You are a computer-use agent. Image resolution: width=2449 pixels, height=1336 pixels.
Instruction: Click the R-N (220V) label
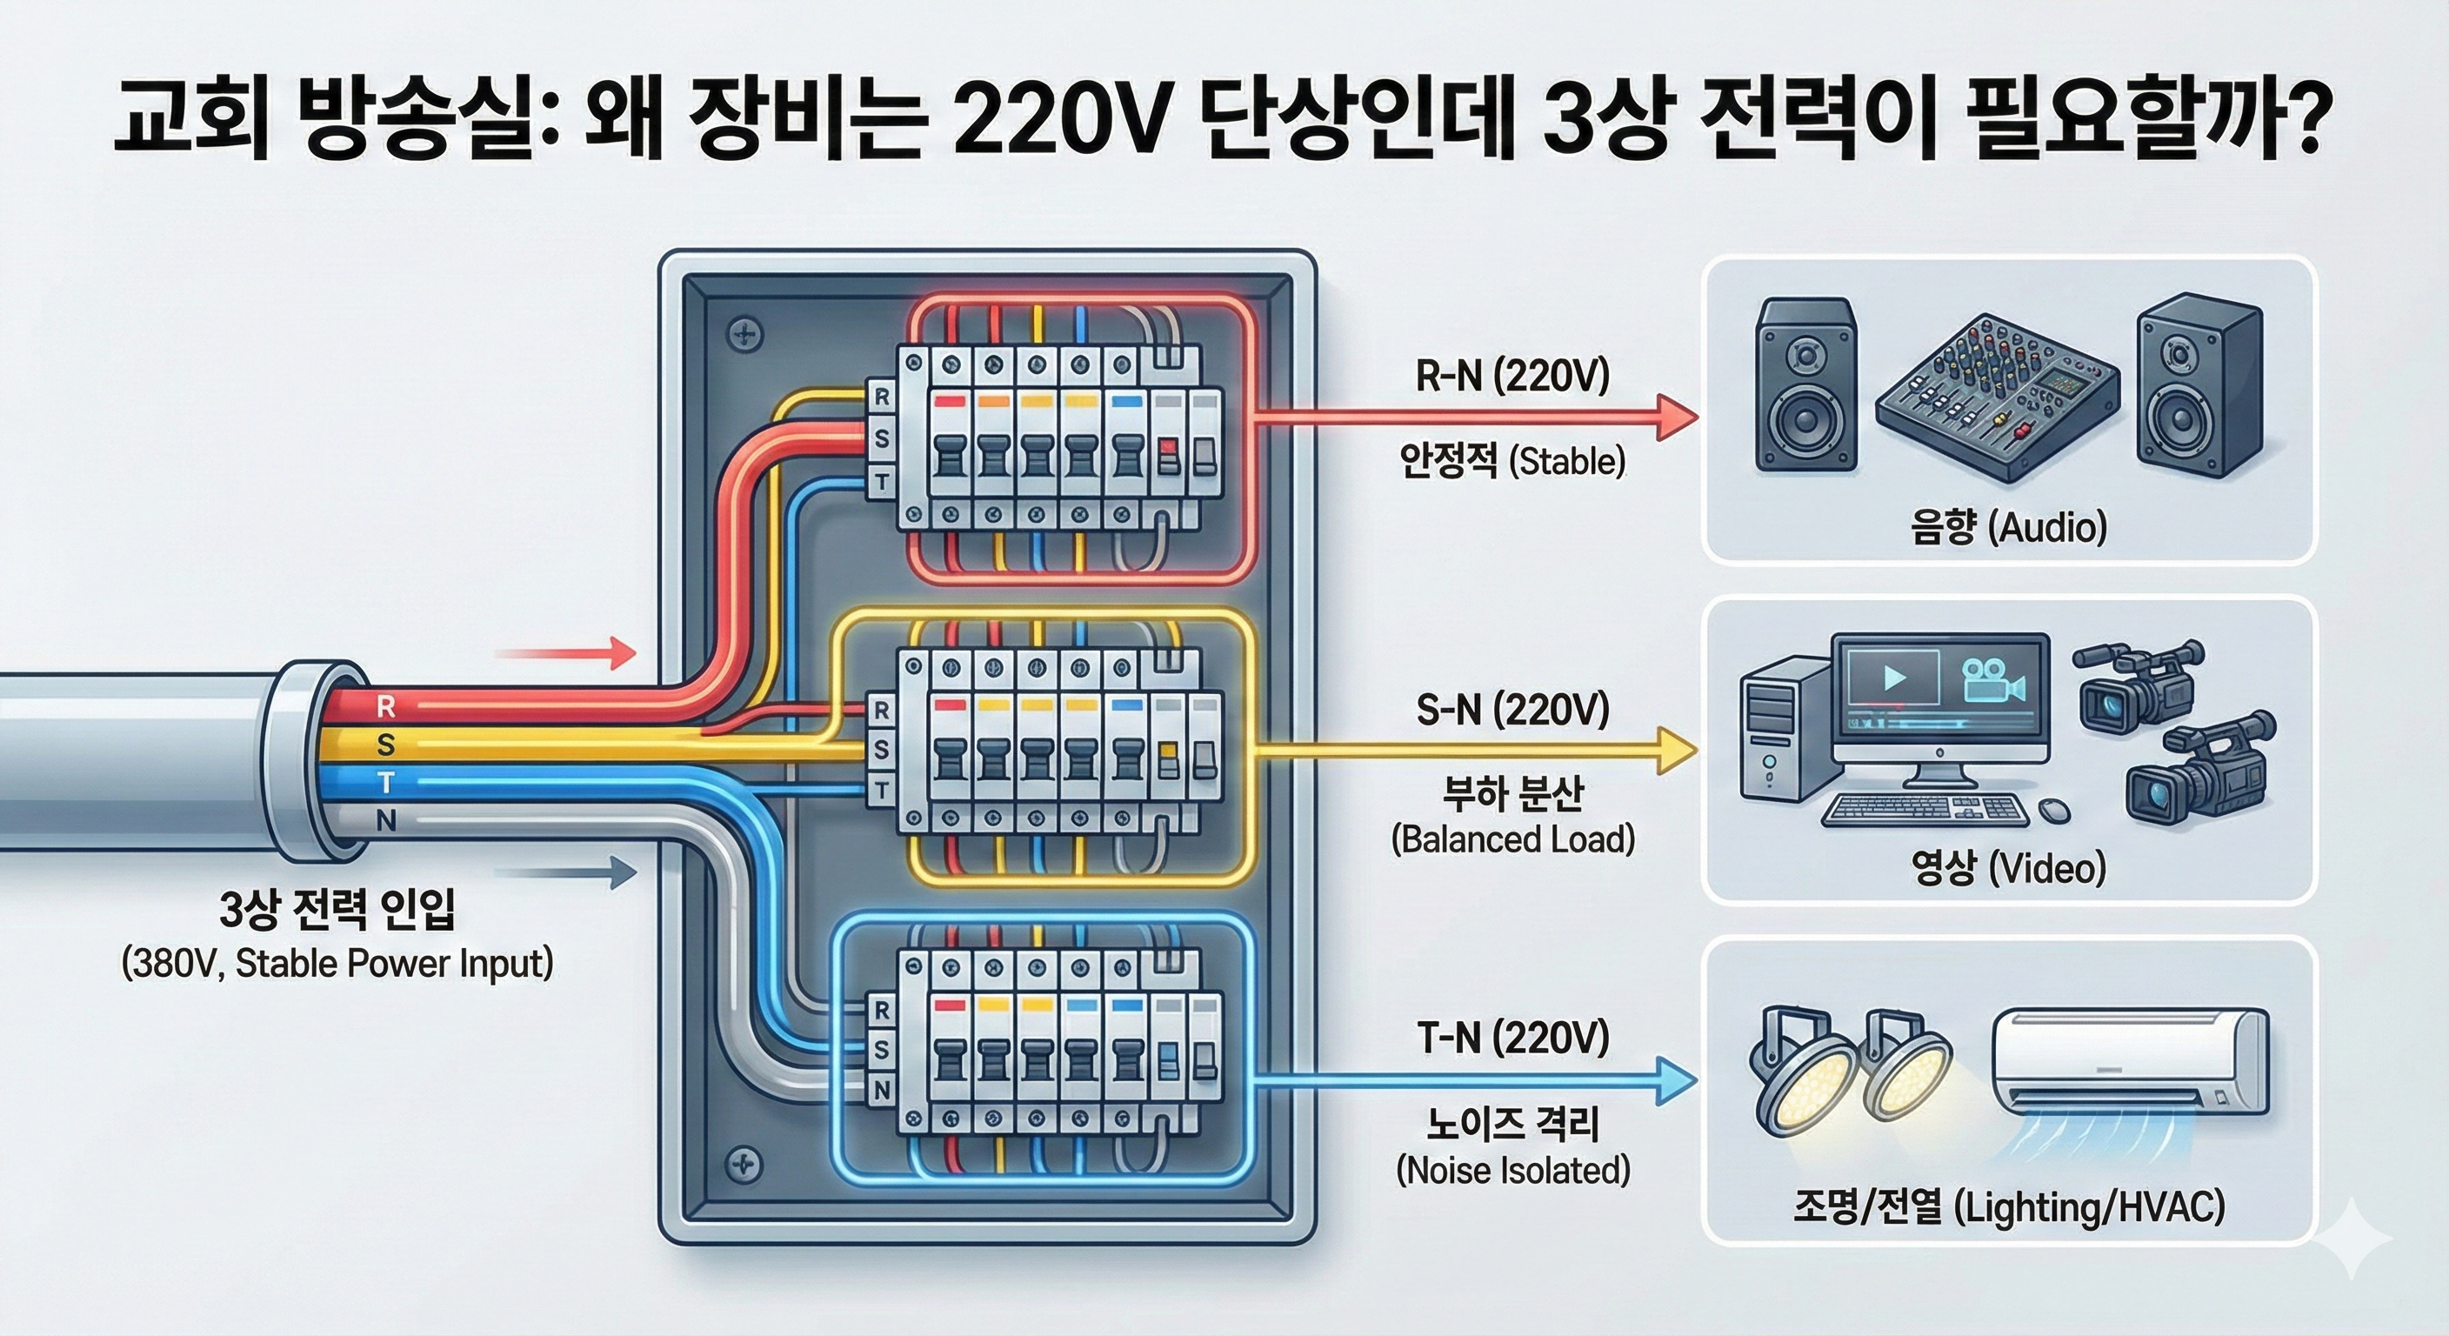(1511, 377)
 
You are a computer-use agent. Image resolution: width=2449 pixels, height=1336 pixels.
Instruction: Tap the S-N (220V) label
(1511, 711)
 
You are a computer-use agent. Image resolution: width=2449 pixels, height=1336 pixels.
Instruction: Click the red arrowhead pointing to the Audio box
(1677, 417)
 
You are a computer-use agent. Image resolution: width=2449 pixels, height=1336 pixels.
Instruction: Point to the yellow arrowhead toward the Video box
(1677, 751)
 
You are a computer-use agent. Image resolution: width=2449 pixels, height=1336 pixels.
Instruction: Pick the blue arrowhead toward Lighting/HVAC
(1677, 1081)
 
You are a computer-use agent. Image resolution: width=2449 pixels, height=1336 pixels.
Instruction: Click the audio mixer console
(1998, 395)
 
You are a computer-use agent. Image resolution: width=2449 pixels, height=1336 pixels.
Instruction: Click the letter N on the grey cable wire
(386, 820)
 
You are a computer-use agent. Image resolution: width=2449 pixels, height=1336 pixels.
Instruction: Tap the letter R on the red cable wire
(386, 706)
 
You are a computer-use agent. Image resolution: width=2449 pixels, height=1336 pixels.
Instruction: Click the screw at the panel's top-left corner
(744, 334)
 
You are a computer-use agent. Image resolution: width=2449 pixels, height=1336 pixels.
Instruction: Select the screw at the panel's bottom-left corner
(744, 1164)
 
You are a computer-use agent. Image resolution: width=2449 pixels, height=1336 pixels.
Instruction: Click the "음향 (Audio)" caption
(2008, 527)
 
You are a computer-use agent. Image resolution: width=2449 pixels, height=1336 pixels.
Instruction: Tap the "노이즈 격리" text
(1511, 1125)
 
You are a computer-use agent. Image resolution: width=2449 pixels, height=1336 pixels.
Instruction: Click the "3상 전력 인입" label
(337, 910)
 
